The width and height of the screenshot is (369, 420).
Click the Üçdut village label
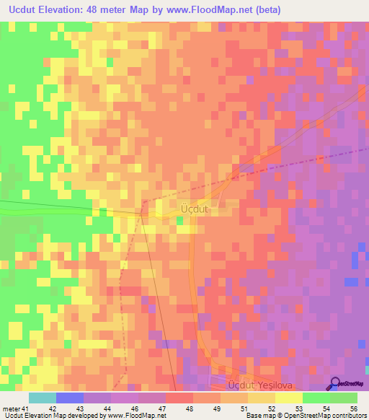tap(194, 209)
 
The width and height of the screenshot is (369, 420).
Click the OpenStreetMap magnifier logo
tap(336, 383)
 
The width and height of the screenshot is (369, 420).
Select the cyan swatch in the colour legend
tap(43, 398)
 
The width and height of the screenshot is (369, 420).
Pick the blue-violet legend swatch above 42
tap(70, 398)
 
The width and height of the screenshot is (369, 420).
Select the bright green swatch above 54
tap(316, 398)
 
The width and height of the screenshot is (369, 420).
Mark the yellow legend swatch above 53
tap(289, 398)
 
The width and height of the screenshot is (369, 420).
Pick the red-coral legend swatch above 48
tap(179, 398)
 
